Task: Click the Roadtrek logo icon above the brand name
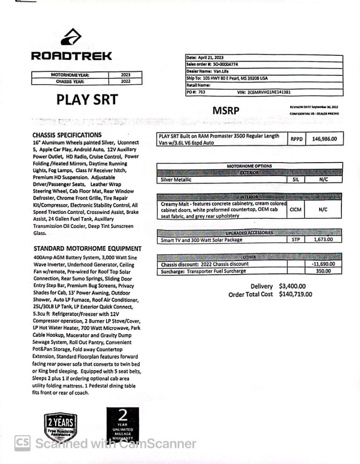point(71,38)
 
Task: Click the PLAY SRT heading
point(87,100)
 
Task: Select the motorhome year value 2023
point(126,75)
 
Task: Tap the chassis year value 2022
point(126,82)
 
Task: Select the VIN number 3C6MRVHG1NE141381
point(269,92)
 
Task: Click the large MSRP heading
point(226,111)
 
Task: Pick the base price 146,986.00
point(324,139)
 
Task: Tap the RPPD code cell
point(297,139)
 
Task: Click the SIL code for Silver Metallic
point(295,180)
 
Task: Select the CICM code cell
point(295,210)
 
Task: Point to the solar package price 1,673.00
point(323,240)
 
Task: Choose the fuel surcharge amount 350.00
point(323,271)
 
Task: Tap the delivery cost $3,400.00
point(292,286)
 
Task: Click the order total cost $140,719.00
point(295,295)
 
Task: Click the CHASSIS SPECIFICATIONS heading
point(67,135)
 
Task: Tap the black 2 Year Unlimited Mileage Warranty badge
point(123,425)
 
